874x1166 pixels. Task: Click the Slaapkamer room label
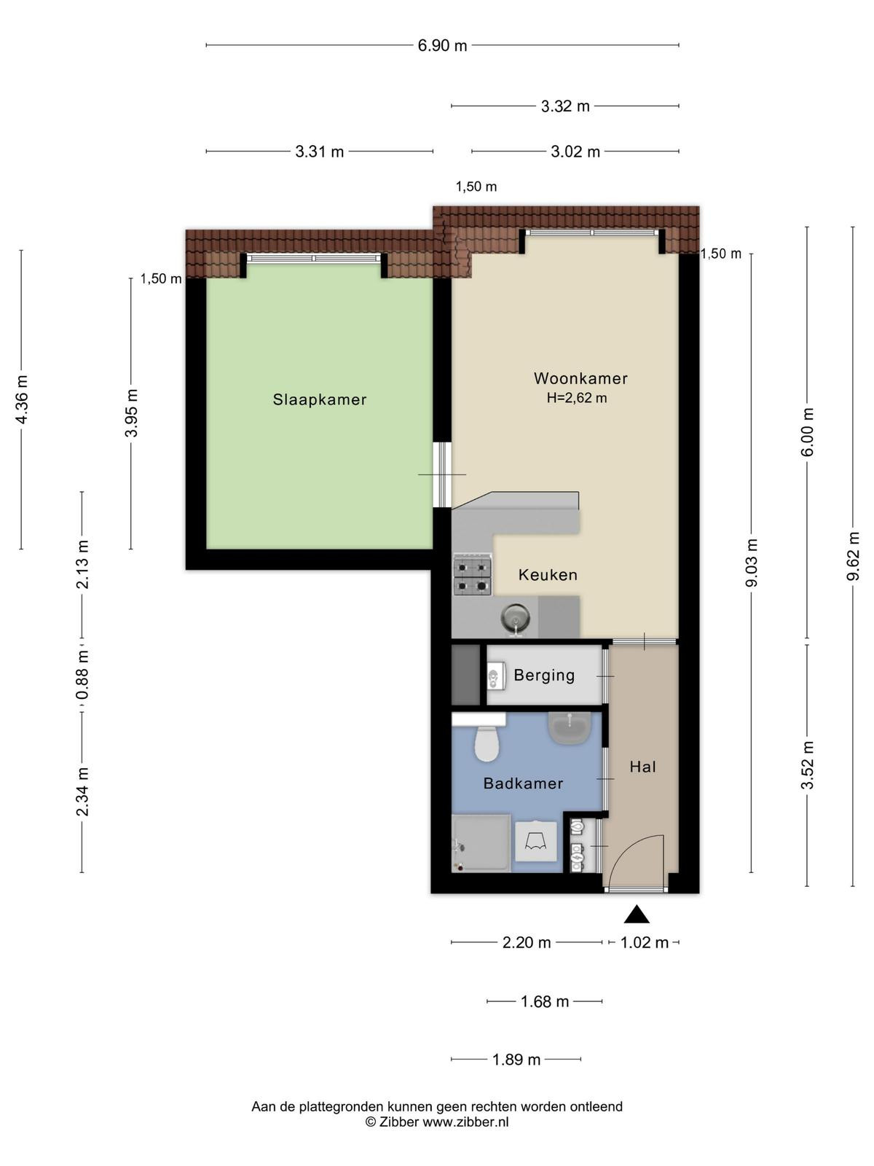click(320, 399)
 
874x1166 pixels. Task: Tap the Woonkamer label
click(580, 378)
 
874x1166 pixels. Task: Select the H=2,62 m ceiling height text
click(577, 398)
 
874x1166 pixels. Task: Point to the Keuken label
click(548, 575)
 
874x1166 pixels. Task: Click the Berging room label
click(545, 675)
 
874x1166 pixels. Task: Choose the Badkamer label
click(523, 783)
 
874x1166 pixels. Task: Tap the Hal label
click(642, 767)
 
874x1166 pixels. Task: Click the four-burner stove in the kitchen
click(472, 574)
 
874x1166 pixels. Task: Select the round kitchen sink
click(515, 618)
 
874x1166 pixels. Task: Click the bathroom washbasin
click(570, 728)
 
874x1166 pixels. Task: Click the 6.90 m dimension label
click(442, 46)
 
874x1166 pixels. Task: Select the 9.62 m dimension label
click(853, 556)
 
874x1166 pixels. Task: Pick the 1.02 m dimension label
click(645, 942)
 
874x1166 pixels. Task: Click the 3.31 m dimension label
click(320, 152)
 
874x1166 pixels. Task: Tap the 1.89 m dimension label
click(516, 1060)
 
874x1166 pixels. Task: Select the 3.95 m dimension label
click(131, 412)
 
